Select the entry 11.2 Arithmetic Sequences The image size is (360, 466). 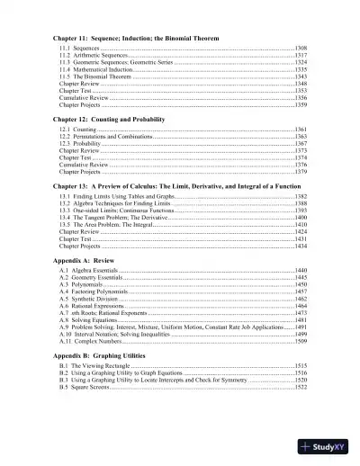(98, 55)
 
